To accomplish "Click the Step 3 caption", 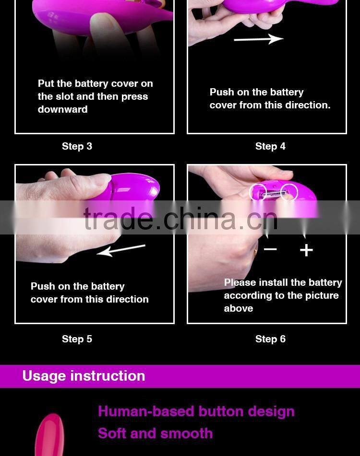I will pos(77,146).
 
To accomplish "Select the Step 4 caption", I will pos(270,146).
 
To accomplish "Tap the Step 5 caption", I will pos(77,339).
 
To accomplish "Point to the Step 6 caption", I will pos(270,339).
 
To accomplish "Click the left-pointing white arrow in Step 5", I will pos(121,249).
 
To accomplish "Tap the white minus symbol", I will pos(270,249).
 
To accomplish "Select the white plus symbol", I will pos(306,250).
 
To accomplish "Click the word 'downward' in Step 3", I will pos(62,109).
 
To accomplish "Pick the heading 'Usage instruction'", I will pos(84,376).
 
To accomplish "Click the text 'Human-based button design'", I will pos(196,411).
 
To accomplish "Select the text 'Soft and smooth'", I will pos(155,433).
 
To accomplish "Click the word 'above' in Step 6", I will pos(239,308).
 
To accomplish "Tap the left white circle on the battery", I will pos(258,192).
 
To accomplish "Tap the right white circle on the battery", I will pos(289,192).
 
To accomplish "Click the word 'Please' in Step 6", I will pos(240,282).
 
